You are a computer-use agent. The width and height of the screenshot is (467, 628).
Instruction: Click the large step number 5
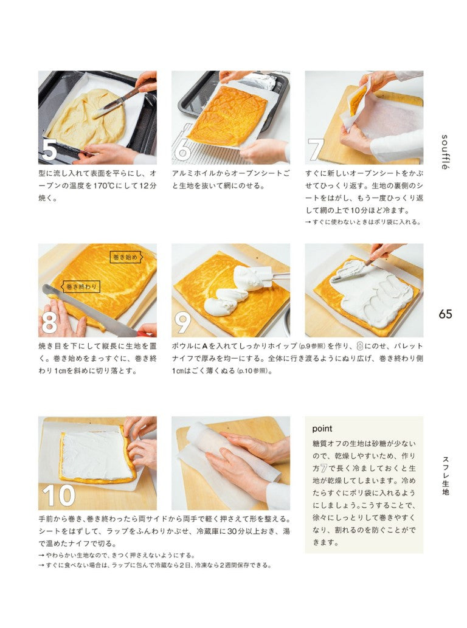[x=49, y=150]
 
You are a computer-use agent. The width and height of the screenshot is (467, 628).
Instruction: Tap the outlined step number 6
[x=182, y=150]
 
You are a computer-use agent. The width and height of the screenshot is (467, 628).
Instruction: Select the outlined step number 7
[x=316, y=150]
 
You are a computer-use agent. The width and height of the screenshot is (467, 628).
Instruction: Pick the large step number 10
[x=58, y=495]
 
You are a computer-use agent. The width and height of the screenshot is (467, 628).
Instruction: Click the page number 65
[x=445, y=314]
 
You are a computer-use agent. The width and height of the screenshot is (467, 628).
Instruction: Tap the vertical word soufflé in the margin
[x=445, y=152]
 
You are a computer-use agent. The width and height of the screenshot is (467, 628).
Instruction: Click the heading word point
[x=323, y=428]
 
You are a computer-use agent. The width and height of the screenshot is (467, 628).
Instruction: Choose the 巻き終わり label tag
[x=80, y=286]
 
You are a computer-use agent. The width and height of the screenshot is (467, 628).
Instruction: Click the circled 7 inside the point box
[x=323, y=469]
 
